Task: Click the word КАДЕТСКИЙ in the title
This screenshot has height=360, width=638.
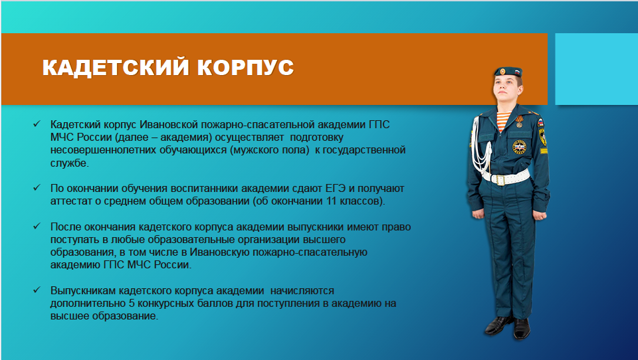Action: coord(116,68)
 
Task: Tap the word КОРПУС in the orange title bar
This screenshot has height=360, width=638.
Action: coord(245,68)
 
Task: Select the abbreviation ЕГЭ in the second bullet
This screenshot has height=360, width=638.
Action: coord(335,189)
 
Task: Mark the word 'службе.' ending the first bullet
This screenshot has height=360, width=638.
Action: coord(70,163)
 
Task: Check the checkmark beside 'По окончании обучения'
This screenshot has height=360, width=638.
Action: coord(37,187)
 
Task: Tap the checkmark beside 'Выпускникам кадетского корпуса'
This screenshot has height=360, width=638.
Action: coord(37,290)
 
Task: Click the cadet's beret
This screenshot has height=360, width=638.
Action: coord(508,72)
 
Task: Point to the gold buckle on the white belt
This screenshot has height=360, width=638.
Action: coord(500,180)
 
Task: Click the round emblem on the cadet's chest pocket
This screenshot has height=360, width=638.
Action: coord(519,147)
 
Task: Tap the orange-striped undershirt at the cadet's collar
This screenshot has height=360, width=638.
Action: coord(504,120)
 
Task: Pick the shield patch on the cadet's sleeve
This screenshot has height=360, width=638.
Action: coord(542,137)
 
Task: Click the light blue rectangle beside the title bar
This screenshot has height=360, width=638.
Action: coord(597,69)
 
